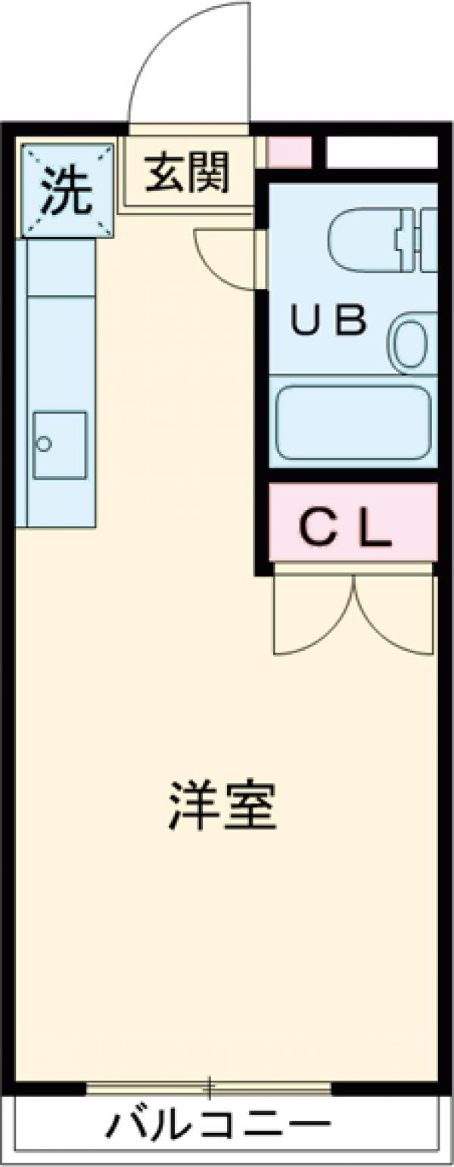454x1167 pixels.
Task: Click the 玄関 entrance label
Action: tap(187, 173)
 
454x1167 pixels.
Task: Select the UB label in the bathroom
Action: tap(330, 322)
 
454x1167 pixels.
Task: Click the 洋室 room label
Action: tap(222, 808)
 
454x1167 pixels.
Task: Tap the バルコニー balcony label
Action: tap(219, 1126)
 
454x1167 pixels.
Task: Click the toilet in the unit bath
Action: tap(363, 241)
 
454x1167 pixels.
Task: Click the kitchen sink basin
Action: tap(59, 445)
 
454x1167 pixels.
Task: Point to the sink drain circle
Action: tap(44, 443)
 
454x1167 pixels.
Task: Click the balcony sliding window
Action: tap(209, 1088)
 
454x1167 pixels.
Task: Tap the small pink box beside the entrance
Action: tap(290, 152)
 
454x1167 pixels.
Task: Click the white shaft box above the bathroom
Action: tap(381, 152)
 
